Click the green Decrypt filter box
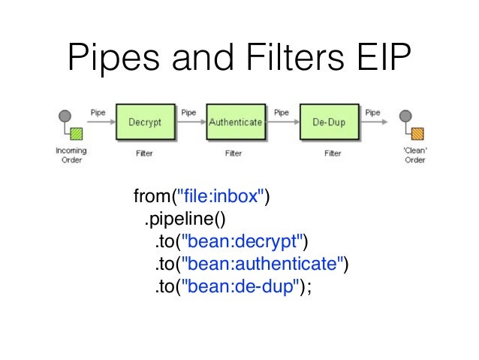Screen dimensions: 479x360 145,121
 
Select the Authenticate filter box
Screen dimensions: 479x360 236,121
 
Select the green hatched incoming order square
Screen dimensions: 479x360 76,134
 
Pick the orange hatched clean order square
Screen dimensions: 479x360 417,134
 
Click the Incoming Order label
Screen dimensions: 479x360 71,156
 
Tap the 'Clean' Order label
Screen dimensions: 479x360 415,156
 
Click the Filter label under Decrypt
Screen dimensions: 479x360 143,153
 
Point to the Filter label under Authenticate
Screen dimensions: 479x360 233,153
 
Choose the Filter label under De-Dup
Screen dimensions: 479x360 333,153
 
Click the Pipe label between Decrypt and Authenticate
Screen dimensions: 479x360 189,113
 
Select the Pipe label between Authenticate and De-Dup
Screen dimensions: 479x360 281,113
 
